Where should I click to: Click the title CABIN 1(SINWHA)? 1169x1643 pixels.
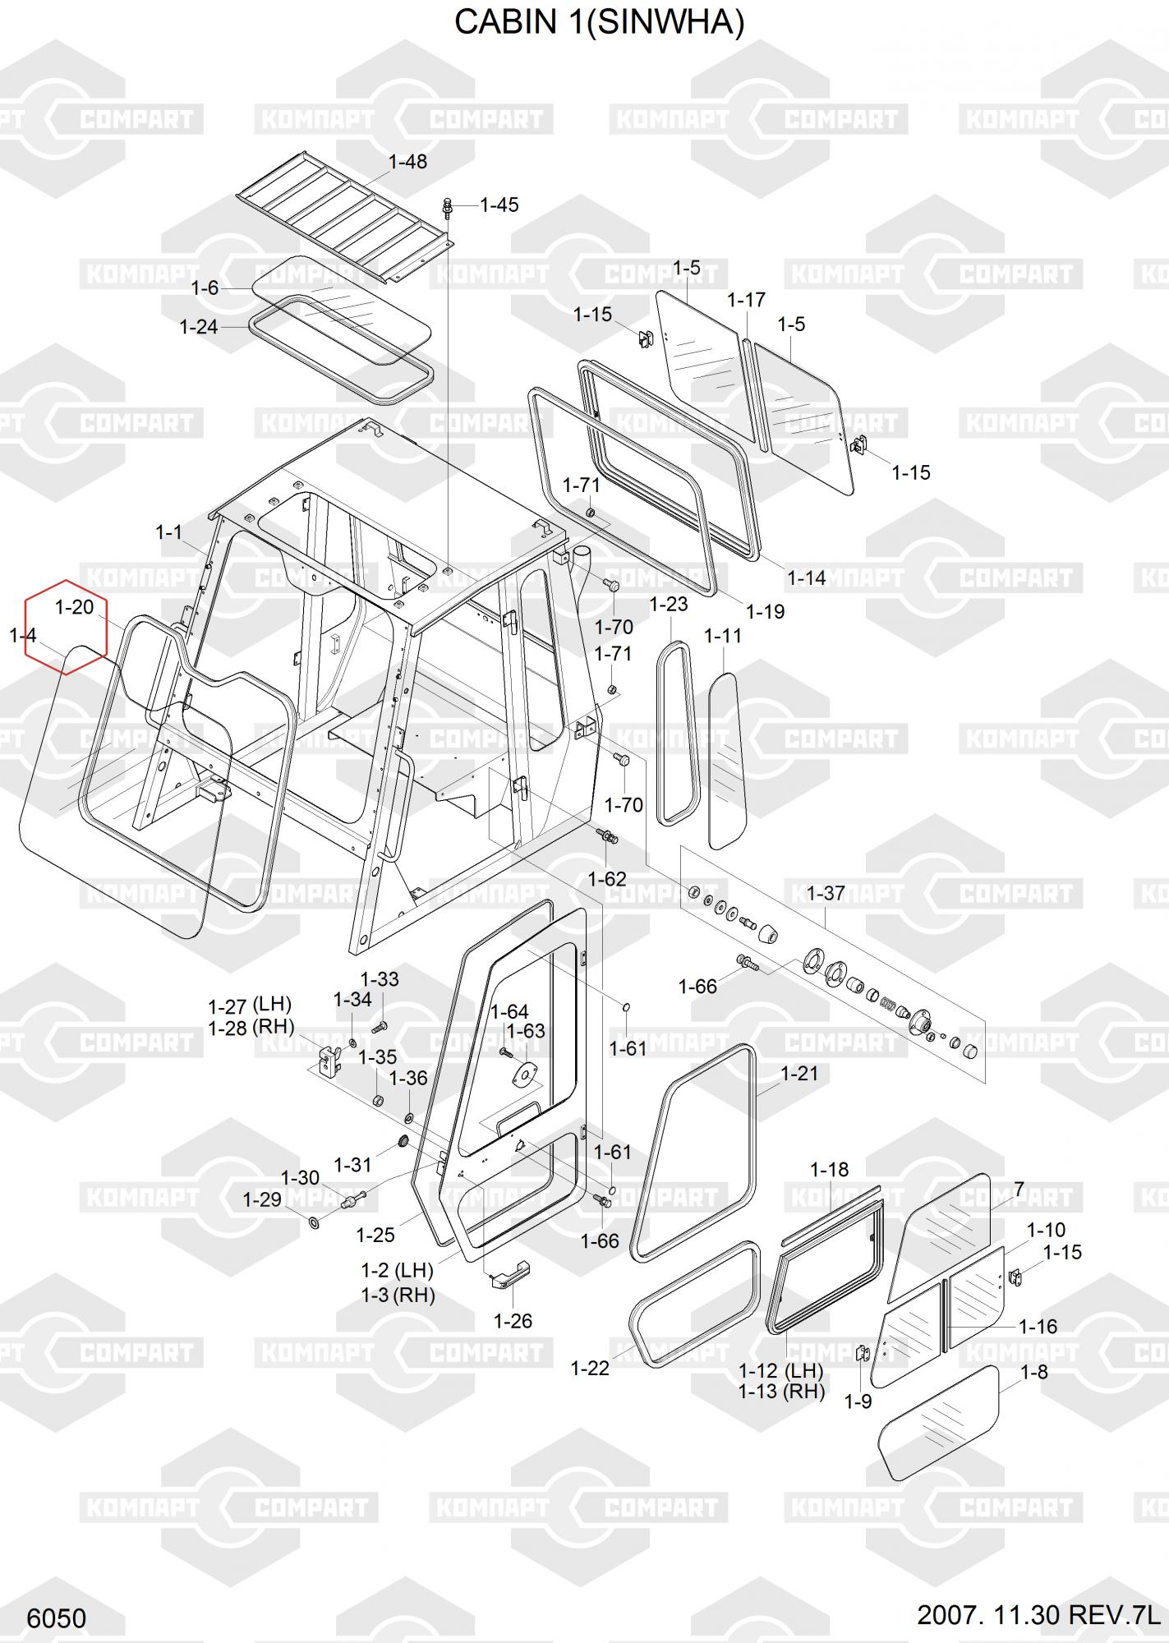pos(599,24)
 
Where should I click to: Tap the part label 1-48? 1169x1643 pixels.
pos(407,162)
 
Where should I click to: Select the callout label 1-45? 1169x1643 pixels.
pos(499,205)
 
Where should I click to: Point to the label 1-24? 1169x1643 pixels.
pos(199,327)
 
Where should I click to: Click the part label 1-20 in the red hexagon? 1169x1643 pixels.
pos(74,608)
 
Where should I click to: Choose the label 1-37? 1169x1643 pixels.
pos(826,893)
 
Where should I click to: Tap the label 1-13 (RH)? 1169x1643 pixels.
pos(781,1391)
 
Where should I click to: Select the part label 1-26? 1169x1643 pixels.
pos(513,1321)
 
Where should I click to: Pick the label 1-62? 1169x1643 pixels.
pos(607,879)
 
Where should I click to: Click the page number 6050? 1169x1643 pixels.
pos(57,1618)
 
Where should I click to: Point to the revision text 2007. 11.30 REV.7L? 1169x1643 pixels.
pos(1040,1615)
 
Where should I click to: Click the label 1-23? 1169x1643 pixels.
pos(669,605)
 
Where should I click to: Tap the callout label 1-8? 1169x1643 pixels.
pos(1034,1372)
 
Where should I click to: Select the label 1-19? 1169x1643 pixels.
pos(765,611)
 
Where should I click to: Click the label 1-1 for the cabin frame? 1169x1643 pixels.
pos(168,532)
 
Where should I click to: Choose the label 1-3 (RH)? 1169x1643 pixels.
pos(398,1295)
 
